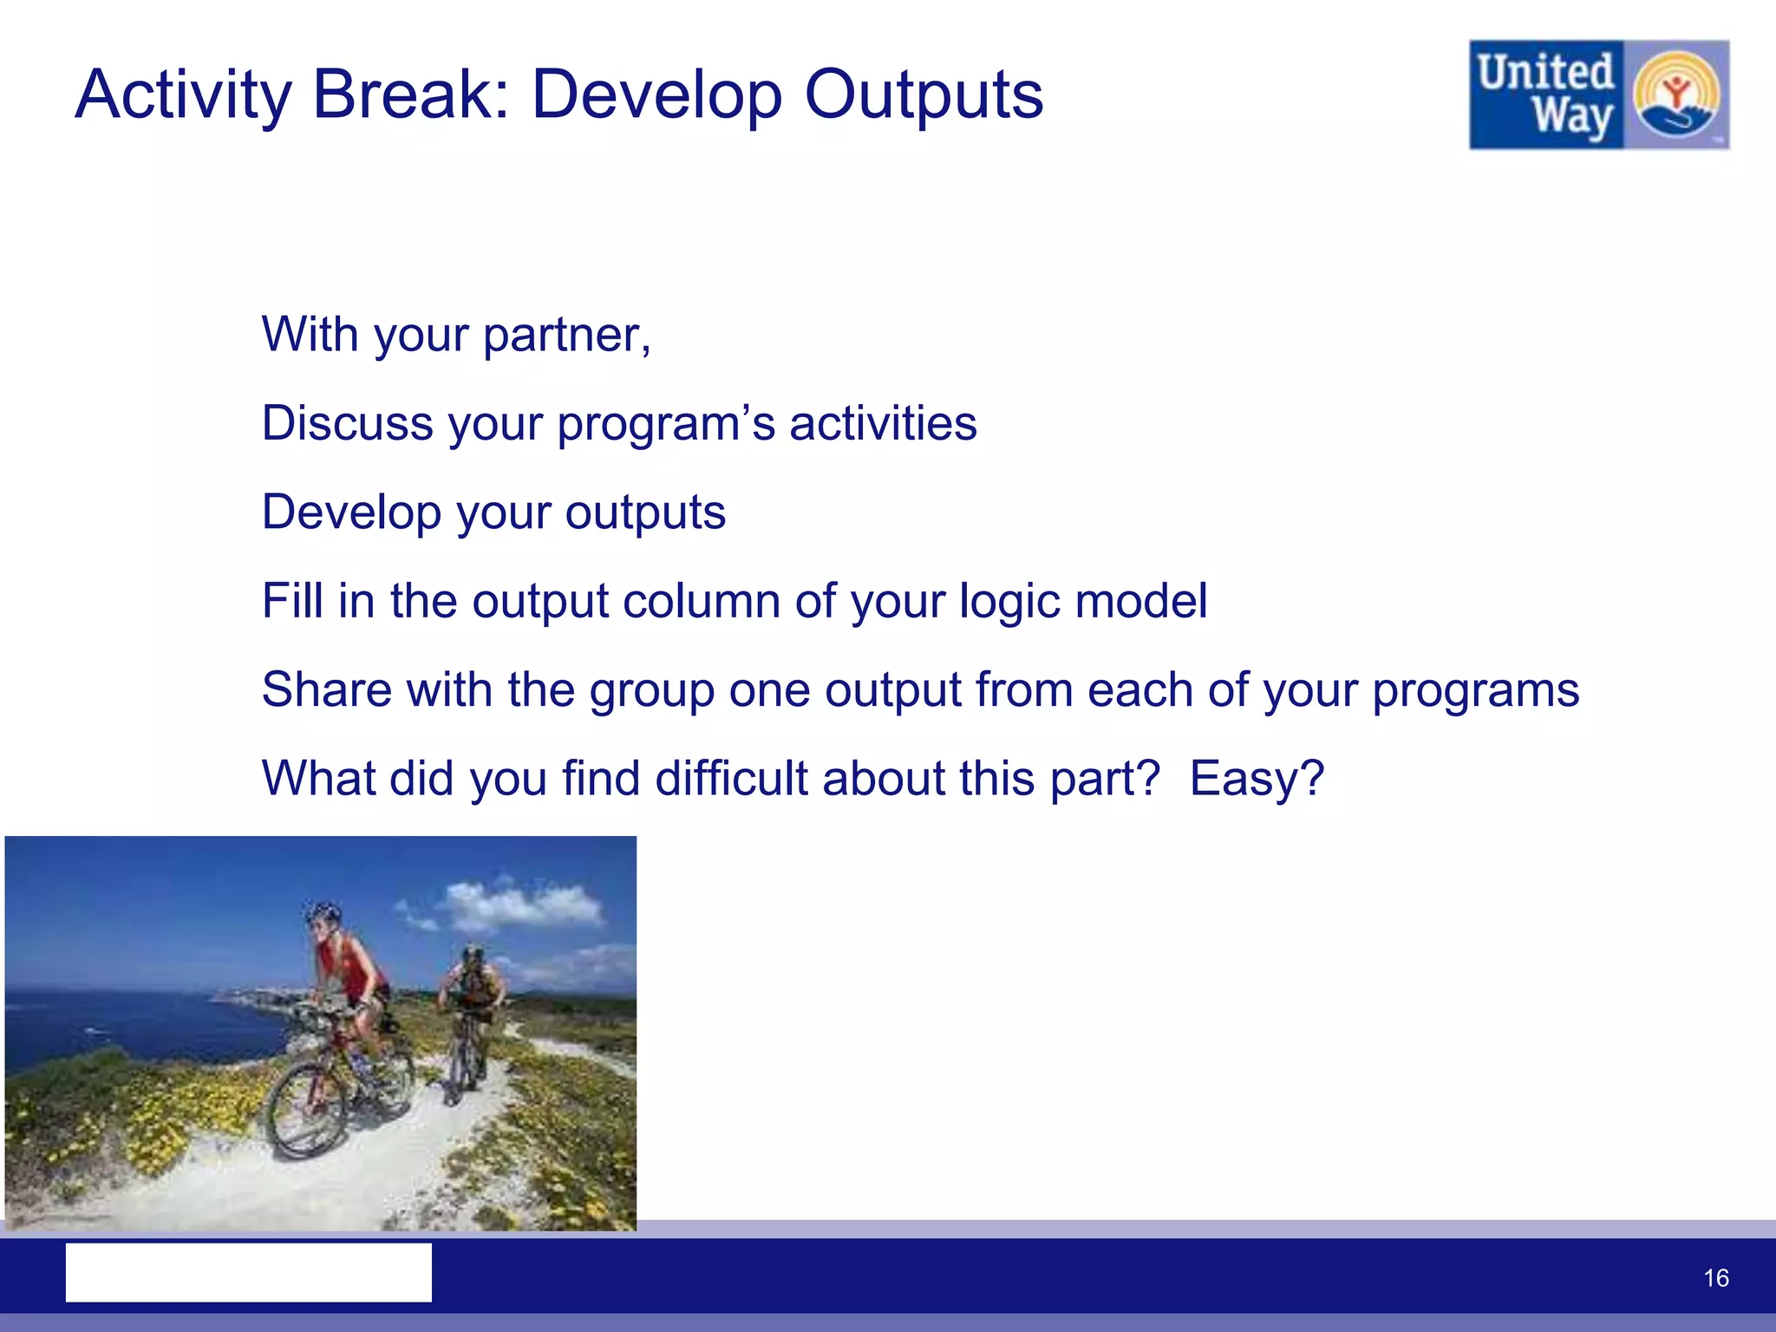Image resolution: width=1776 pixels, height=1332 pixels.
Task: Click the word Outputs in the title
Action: pyautogui.click(x=924, y=95)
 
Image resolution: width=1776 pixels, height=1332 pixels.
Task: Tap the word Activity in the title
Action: pyautogui.click(x=184, y=95)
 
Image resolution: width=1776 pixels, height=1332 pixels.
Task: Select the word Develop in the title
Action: pyautogui.click(x=656, y=95)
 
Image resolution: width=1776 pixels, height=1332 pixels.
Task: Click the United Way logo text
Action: pyautogui.click(x=1545, y=94)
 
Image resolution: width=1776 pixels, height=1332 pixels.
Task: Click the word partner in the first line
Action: pyautogui.click(x=564, y=336)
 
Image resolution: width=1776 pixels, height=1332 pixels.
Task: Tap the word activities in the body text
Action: pyautogui.click(x=883, y=423)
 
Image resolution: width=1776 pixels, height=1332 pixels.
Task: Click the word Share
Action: pyautogui.click(x=327, y=689)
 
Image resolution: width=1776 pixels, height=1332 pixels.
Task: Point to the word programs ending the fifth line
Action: pyautogui.click(x=1475, y=691)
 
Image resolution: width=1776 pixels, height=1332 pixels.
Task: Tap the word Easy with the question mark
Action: pyautogui.click(x=1256, y=778)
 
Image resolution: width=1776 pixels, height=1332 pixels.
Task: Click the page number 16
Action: pyautogui.click(x=1715, y=1278)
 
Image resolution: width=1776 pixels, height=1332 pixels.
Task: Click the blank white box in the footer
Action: pyautogui.click(x=248, y=1272)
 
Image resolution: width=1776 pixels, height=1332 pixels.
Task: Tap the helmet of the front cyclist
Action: pyautogui.click(x=324, y=912)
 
